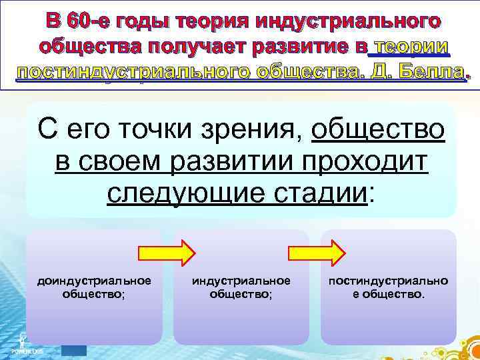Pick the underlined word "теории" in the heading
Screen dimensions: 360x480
[x=413, y=47]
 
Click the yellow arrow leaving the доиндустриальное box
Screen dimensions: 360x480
[x=166, y=253]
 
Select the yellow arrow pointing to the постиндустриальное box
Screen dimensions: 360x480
[x=316, y=253]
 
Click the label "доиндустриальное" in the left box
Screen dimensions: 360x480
[x=94, y=281]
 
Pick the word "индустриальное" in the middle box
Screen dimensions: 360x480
[x=241, y=281]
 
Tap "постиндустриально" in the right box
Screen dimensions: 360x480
[x=388, y=281]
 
